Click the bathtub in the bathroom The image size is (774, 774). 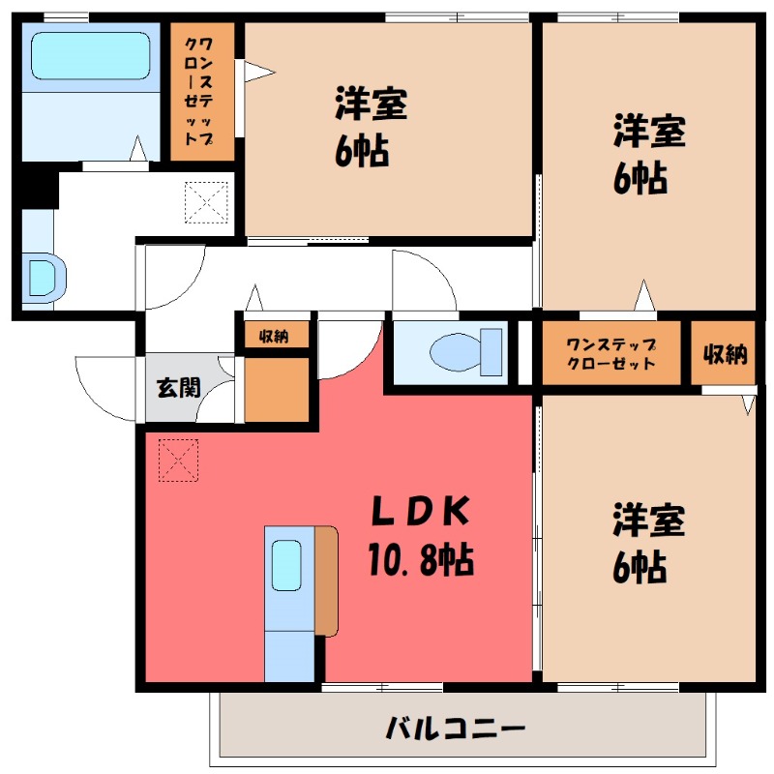pos(90,57)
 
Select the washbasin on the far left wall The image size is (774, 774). pos(43,274)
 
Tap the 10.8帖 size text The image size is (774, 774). pos(419,558)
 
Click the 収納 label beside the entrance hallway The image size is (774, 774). pos(275,337)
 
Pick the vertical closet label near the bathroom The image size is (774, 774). pos(202,92)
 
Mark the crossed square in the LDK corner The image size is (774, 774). pos(178,460)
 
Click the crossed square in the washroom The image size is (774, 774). pos(204,202)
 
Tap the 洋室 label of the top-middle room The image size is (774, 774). pos(371,104)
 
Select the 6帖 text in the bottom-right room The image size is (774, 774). pos(640,567)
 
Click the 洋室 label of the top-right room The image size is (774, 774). pos(648,132)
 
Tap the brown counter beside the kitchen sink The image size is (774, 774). pos(326,580)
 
